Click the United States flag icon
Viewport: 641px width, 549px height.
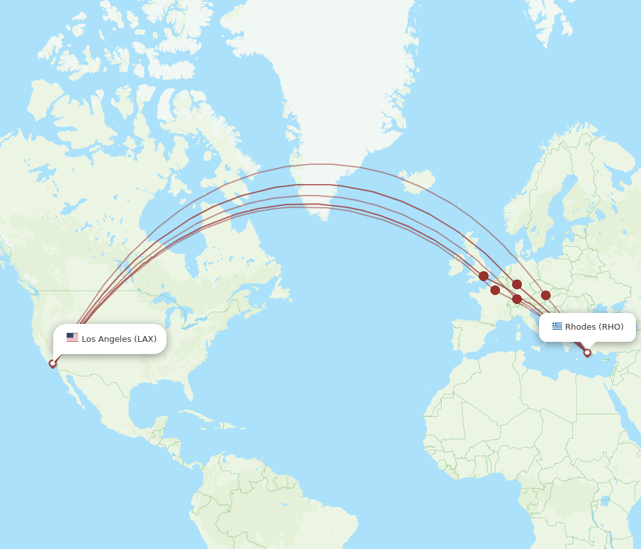point(72,338)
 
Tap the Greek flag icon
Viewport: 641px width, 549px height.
point(557,326)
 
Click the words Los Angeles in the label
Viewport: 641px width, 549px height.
point(106,339)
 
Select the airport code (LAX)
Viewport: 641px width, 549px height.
point(146,339)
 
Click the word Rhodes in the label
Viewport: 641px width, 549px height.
point(580,326)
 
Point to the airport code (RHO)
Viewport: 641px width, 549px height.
point(611,326)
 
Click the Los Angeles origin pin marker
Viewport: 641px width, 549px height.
point(53,364)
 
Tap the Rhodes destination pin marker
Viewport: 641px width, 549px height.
point(587,353)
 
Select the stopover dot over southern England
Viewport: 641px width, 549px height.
point(483,276)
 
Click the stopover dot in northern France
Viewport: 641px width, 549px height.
point(495,290)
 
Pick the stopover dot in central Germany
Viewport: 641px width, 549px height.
point(517,284)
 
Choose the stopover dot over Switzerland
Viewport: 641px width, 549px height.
point(517,299)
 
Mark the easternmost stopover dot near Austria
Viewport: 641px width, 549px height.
point(545,295)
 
